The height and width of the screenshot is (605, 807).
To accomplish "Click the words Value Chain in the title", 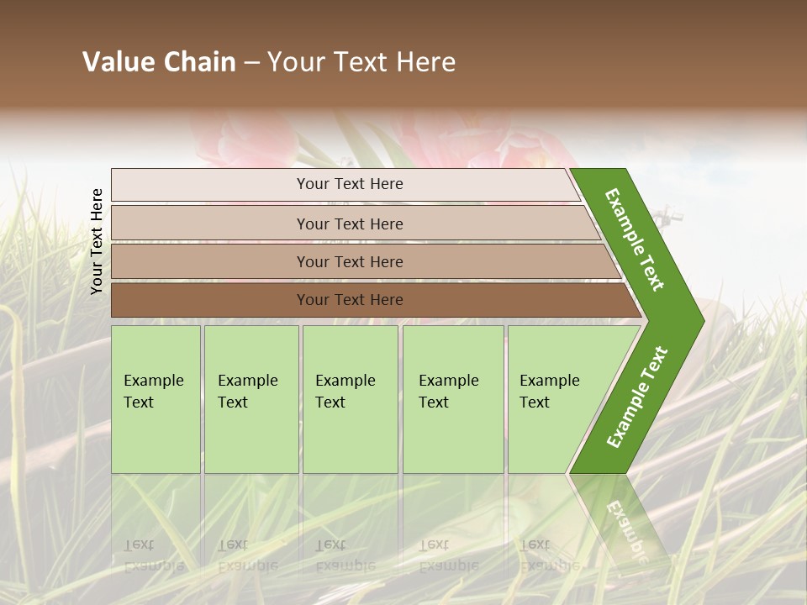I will (159, 62).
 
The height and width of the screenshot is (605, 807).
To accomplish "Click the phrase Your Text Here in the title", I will (361, 62).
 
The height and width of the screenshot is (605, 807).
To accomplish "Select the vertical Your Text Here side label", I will (97, 241).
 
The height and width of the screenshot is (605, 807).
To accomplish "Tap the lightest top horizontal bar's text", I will (350, 184).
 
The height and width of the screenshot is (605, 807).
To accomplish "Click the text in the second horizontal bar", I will (350, 224).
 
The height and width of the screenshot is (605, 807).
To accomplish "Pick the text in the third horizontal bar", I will (350, 262).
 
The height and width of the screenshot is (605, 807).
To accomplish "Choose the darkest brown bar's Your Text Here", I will (350, 300).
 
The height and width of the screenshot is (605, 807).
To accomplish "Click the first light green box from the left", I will (156, 399).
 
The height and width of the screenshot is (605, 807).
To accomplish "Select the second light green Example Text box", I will (251, 399).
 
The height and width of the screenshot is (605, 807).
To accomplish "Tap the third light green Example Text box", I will (349, 399).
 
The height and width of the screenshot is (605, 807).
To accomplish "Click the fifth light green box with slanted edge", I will (555, 399).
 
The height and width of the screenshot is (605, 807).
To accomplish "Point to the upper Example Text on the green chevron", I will (636, 239).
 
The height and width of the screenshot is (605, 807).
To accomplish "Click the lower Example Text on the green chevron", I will (637, 397).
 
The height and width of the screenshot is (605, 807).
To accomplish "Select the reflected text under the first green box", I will (153, 555).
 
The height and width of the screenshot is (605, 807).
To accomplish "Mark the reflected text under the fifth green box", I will (548, 555).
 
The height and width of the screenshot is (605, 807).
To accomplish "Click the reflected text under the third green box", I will (345, 555).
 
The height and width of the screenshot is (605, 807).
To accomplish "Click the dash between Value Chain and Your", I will (251, 63).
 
